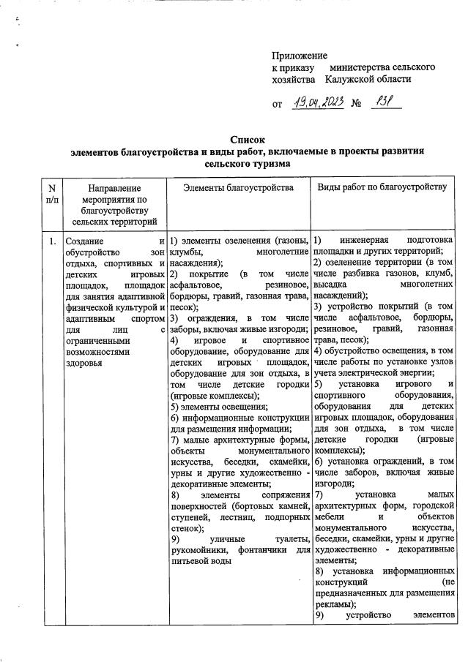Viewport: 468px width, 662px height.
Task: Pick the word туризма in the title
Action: click(272, 165)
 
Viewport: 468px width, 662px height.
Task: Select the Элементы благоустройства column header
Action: click(238, 188)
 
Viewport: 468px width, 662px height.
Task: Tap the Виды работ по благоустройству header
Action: click(382, 188)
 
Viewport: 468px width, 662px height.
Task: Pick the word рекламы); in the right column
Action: click(335, 604)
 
